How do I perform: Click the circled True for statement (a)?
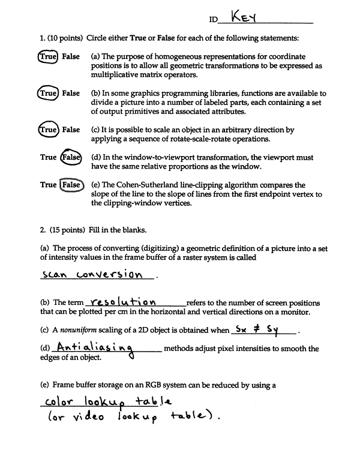pos(48,56)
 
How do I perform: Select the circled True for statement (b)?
pos(47,94)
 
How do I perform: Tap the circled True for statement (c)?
pos(48,130)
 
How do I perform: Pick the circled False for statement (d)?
pos(70,157)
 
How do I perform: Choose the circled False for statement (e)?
pos(70,185)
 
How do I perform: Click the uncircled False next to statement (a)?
pos(71,56)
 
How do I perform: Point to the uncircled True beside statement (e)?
pos(48,185)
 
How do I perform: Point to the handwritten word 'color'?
pos(61,401)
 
